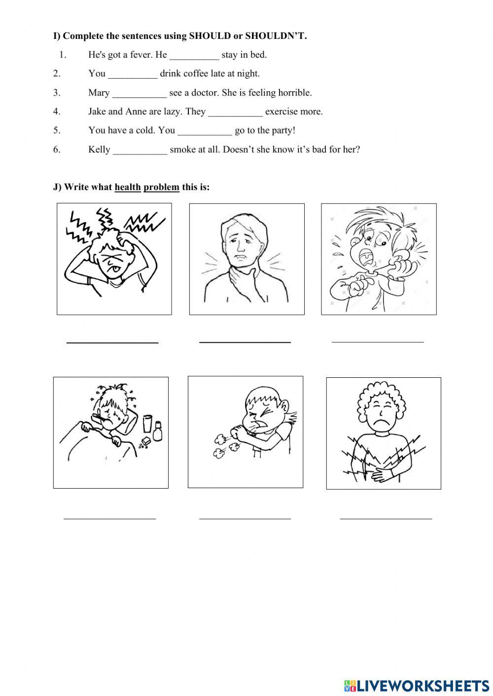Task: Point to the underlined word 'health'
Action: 128,187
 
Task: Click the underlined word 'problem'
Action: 161,187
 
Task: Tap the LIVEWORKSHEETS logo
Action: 416,685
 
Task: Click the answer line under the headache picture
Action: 112,341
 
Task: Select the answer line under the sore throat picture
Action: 245,341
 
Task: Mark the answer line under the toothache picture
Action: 378,340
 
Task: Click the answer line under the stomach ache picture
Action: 386,518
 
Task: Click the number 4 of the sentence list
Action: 57,112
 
